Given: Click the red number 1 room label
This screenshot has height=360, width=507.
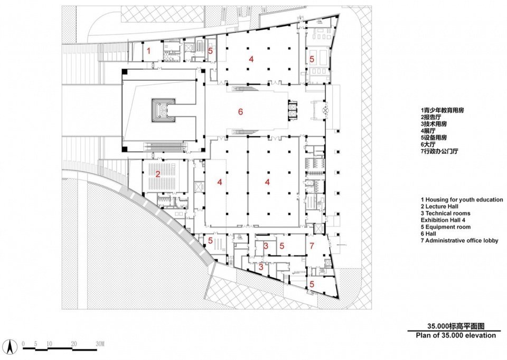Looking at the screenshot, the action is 149,51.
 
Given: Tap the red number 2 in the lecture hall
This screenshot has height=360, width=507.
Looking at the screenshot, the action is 158,175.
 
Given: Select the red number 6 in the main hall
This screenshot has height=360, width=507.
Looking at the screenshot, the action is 240,112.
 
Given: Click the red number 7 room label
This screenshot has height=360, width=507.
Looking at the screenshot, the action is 312,246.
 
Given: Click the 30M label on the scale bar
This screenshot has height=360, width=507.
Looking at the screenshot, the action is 100,344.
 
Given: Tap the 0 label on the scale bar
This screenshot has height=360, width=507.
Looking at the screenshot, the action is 23,344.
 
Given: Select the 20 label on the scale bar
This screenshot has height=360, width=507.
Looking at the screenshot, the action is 74,344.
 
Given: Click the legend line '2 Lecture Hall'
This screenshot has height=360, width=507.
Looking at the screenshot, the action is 439,206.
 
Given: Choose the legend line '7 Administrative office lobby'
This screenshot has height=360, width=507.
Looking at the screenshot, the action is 459,240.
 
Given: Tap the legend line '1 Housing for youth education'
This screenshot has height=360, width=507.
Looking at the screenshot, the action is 462,200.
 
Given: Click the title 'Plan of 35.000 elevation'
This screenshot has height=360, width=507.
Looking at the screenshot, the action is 456,335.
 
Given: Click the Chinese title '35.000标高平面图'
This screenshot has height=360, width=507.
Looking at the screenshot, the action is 456,326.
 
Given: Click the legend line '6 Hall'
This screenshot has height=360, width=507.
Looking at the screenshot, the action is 428,234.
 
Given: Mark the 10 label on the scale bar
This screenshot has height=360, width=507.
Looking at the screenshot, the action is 49,344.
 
